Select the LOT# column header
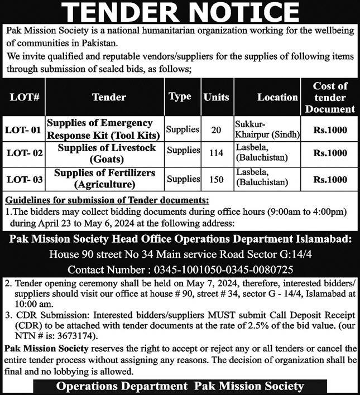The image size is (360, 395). coord(24,97)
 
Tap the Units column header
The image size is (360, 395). coord(217,97)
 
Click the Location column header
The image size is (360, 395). coord(277,97)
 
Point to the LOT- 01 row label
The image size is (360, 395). coord(24,130)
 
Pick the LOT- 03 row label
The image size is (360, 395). coord(24,179)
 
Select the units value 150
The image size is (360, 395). coord(217,179)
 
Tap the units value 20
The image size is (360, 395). coord(217,130)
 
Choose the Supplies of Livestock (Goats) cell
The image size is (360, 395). coord(105,153)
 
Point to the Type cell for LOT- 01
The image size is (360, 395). coord(183,129)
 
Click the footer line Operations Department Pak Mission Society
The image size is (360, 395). coord(180,386)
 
